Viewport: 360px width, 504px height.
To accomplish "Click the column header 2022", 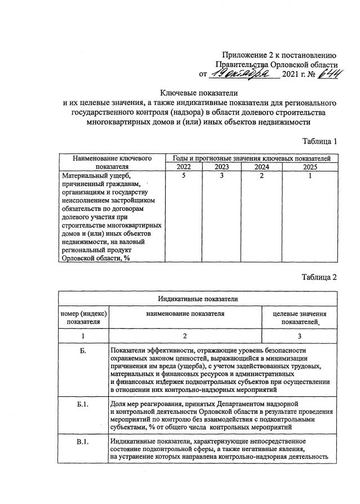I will [184, 167].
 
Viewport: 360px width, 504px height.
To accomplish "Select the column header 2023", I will [223, 167].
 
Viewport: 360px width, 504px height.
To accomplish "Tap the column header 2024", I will [261, 167].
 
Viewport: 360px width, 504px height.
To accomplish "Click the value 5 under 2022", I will [184, 176].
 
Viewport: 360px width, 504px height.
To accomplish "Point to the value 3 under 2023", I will [223, 176].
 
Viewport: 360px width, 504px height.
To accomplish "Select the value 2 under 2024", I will [261, 176].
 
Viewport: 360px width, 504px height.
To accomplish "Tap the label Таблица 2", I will [319, 277].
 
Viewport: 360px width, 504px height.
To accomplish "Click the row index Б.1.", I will [83, 405].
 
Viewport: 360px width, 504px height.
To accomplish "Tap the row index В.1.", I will [83, 441].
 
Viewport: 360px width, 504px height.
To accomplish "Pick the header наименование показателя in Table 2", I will [186, 313].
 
